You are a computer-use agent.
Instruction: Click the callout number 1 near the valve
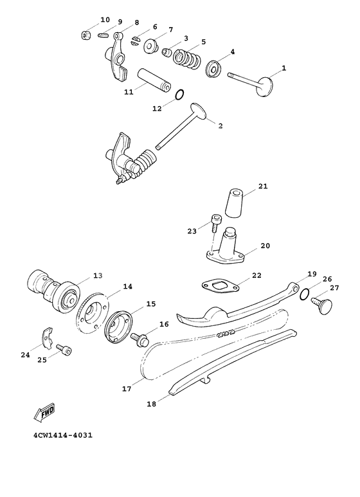pyautogui.click(x=284, y=68)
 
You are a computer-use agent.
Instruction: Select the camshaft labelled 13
pyautogui.click(x=55, y=287)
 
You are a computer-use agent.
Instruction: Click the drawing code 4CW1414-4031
pyautogui.click(x=63, y=436)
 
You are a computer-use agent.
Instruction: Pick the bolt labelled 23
pyautogui.click(x=215, y=224)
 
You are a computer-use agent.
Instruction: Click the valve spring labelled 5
pyautogui.click(x=184, y=56)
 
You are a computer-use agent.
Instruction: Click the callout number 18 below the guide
pyautogui.click(x=152, y=404)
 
